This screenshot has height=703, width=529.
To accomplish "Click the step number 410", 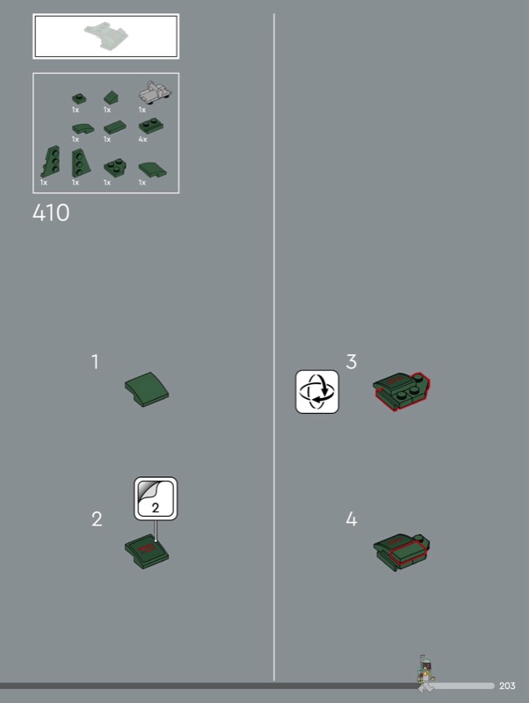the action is (51, 213).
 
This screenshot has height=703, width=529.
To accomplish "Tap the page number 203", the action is (507, 685).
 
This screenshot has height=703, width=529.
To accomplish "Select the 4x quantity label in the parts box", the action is (142, 140).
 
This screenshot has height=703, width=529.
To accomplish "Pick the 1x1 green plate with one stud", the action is (79, 98).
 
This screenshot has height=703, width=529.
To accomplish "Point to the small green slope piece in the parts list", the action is (112, 98).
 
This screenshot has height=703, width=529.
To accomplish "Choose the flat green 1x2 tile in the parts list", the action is (115, 127).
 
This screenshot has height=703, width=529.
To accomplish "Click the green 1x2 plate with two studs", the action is (150, 126).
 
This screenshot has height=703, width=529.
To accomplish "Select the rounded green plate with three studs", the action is (115, 167).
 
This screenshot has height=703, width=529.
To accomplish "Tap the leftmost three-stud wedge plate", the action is (51, 162).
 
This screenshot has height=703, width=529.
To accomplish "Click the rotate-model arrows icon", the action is (317, 391).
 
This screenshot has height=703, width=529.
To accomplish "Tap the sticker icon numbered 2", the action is (156, 498).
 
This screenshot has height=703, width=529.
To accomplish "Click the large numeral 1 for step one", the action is (95, 362).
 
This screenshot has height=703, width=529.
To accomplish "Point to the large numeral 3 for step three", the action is (351, 362).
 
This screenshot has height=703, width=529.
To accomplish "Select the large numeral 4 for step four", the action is (351, 519).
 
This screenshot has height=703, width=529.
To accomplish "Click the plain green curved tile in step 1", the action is (147, 389).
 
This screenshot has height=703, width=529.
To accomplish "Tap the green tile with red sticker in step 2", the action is (147, 552).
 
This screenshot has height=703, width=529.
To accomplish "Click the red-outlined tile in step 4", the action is (407, 553).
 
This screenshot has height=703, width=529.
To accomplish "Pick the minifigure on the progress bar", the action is (424, 672).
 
